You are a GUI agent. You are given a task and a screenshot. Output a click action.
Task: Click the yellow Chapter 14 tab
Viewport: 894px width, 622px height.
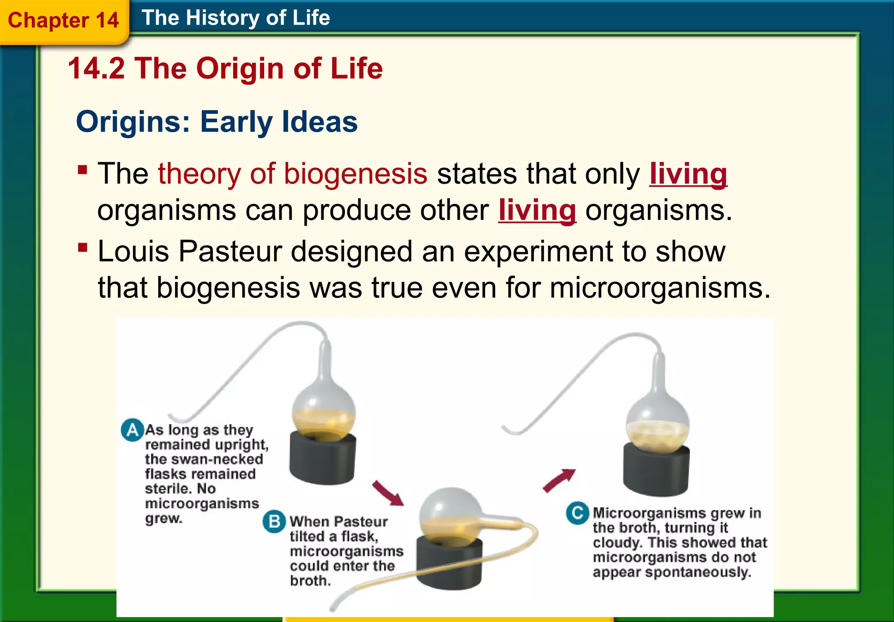coord(63,21)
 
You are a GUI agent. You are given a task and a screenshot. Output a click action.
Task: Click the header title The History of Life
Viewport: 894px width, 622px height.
coord(236,18)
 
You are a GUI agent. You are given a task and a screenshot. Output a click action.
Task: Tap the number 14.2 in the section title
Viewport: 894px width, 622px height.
coord(96,69)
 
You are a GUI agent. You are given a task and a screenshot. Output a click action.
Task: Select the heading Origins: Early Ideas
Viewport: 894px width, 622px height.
coord(217,122)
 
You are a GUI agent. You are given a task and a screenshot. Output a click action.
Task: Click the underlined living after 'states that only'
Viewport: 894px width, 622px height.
coord(688,174)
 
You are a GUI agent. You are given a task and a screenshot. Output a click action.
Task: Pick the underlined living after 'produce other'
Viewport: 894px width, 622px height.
coord(537,210)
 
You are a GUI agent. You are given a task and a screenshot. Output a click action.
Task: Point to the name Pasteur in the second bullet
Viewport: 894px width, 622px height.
coord(230,252)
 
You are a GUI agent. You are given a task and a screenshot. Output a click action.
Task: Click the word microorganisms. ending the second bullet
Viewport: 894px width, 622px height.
coord(660,288)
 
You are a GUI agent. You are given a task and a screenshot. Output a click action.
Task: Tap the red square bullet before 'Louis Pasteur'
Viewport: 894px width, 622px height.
coord(83,248)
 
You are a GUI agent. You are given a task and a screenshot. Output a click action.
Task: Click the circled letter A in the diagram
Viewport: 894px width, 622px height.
coord(132,430)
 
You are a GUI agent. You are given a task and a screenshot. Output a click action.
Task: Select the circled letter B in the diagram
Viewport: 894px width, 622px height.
coord(274,522)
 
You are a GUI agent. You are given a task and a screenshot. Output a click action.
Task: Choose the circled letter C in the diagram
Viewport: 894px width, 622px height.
coord(577,513)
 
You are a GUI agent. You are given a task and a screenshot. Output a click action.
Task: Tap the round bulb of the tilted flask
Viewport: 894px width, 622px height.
coord(450,513)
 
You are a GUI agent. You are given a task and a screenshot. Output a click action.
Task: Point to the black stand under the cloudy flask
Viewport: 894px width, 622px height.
coord(656,471)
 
